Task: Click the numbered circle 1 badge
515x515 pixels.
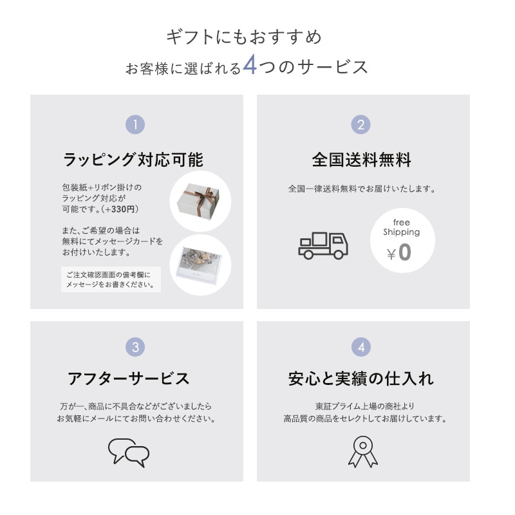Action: pyautogui.click(x=135, y=124)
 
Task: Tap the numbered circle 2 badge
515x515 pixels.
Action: pyautogui.click(x=361, y=124)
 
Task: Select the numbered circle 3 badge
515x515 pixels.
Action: pyautogui.click(x=135, y=348)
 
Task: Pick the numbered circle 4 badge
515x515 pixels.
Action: pyautogui.click(x=361, y=348)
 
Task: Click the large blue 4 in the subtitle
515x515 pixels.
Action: pyautogui.click(x=250, y=67)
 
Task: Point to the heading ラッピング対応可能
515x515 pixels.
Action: pyautogui.click(x=133, y=160)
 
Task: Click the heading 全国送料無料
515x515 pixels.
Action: pyautogui.click(x=361, y=160)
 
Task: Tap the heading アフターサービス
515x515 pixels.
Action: pyautogui.click(x=129, y=379)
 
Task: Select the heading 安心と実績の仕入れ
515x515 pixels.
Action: pyautogui.click(x=361, y=379)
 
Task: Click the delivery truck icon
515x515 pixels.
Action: pyautogui.click(x=323, y=245)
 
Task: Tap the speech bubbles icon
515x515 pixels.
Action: pyautogui.click(x=128, y=452)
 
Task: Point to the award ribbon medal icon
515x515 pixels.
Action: pyautogui.click(x=363, y=451)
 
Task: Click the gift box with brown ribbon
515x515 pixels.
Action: pyautogui.click(x=200, y=201)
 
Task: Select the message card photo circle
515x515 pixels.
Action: pyautogui.click(x=200, y=264)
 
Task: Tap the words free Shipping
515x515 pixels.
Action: pyautogui.click(x=401, y=227)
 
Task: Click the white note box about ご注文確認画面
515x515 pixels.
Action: pyautogui.click(x=111, y=279)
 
